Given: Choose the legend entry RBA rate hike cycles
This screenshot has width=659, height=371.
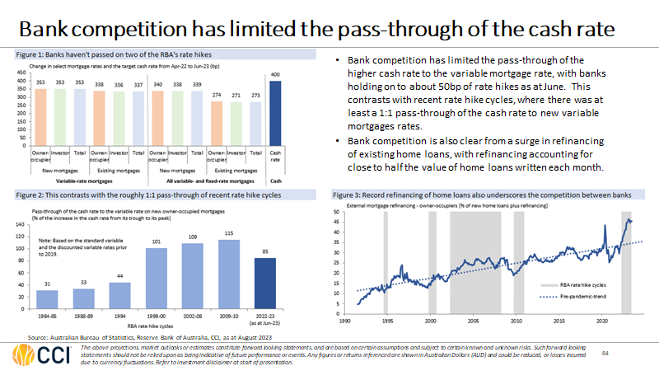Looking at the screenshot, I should (579, 282).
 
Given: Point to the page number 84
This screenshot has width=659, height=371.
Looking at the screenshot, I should (606, 354).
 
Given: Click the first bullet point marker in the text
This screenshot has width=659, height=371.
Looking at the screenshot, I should (340, 61).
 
